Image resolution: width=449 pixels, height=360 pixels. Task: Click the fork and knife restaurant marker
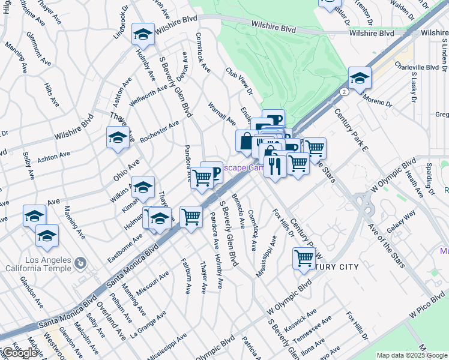pyautogui.click(x=275, y=166)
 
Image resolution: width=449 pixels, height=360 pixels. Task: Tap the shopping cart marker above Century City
pyautogui.click(x=304, y=259)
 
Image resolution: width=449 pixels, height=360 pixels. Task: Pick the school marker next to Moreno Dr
pyautogui.click(x=360, y=78)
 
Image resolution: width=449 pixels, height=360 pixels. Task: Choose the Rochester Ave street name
pyautogui.click(x=159, y=131)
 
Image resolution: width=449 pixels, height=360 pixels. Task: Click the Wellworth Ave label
pyautogui.click(x=148, y=94)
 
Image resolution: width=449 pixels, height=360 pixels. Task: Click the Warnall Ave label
pyautogui.click(x=221, y=113)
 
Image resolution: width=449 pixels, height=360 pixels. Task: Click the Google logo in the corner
pyautogui.click(x=20, y=353)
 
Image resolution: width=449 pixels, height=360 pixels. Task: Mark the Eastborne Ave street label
pyautogui.click(x=125, y=245)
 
